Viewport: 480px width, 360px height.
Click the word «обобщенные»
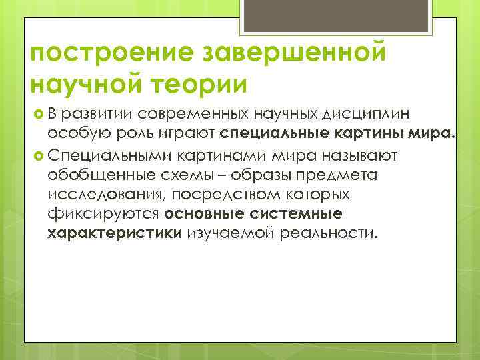pyautogui.click(x=94, y=176)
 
